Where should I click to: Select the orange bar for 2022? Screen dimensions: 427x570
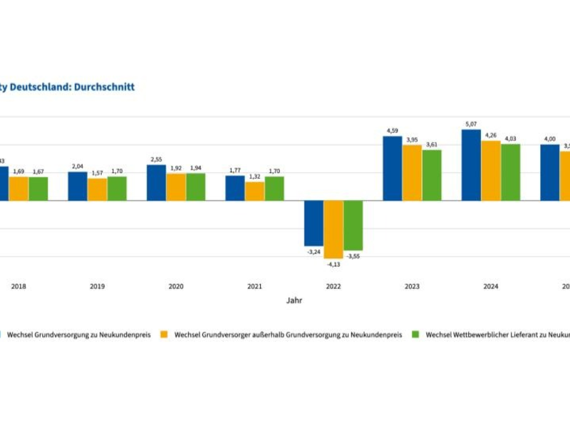click(333, 229)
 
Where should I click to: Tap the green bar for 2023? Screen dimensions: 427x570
click(432, 175)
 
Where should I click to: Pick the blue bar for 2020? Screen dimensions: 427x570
click(156, 183)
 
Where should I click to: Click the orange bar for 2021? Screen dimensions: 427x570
click(254, 191)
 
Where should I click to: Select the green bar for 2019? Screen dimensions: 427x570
click(117, 189)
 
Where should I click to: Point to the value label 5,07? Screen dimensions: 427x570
click(471, 124)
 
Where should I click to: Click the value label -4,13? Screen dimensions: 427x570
click(333, 264)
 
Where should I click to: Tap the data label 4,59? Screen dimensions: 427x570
click(393, 131)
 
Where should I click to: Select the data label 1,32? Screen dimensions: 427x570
click(254, 176)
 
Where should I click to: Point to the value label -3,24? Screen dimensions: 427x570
click(313, 252)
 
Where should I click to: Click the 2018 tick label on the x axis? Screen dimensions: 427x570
click(19, 286)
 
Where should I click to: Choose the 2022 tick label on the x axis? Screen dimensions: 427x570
click(333, 286)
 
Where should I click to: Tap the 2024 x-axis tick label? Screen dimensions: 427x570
click(491, 286)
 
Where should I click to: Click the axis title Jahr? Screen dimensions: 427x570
click(294, 300)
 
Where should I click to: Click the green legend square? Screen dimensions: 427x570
click(417, 334)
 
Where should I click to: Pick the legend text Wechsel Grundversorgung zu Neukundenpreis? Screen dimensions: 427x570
click(79, 334)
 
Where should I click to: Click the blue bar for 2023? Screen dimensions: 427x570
click(393, 169)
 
